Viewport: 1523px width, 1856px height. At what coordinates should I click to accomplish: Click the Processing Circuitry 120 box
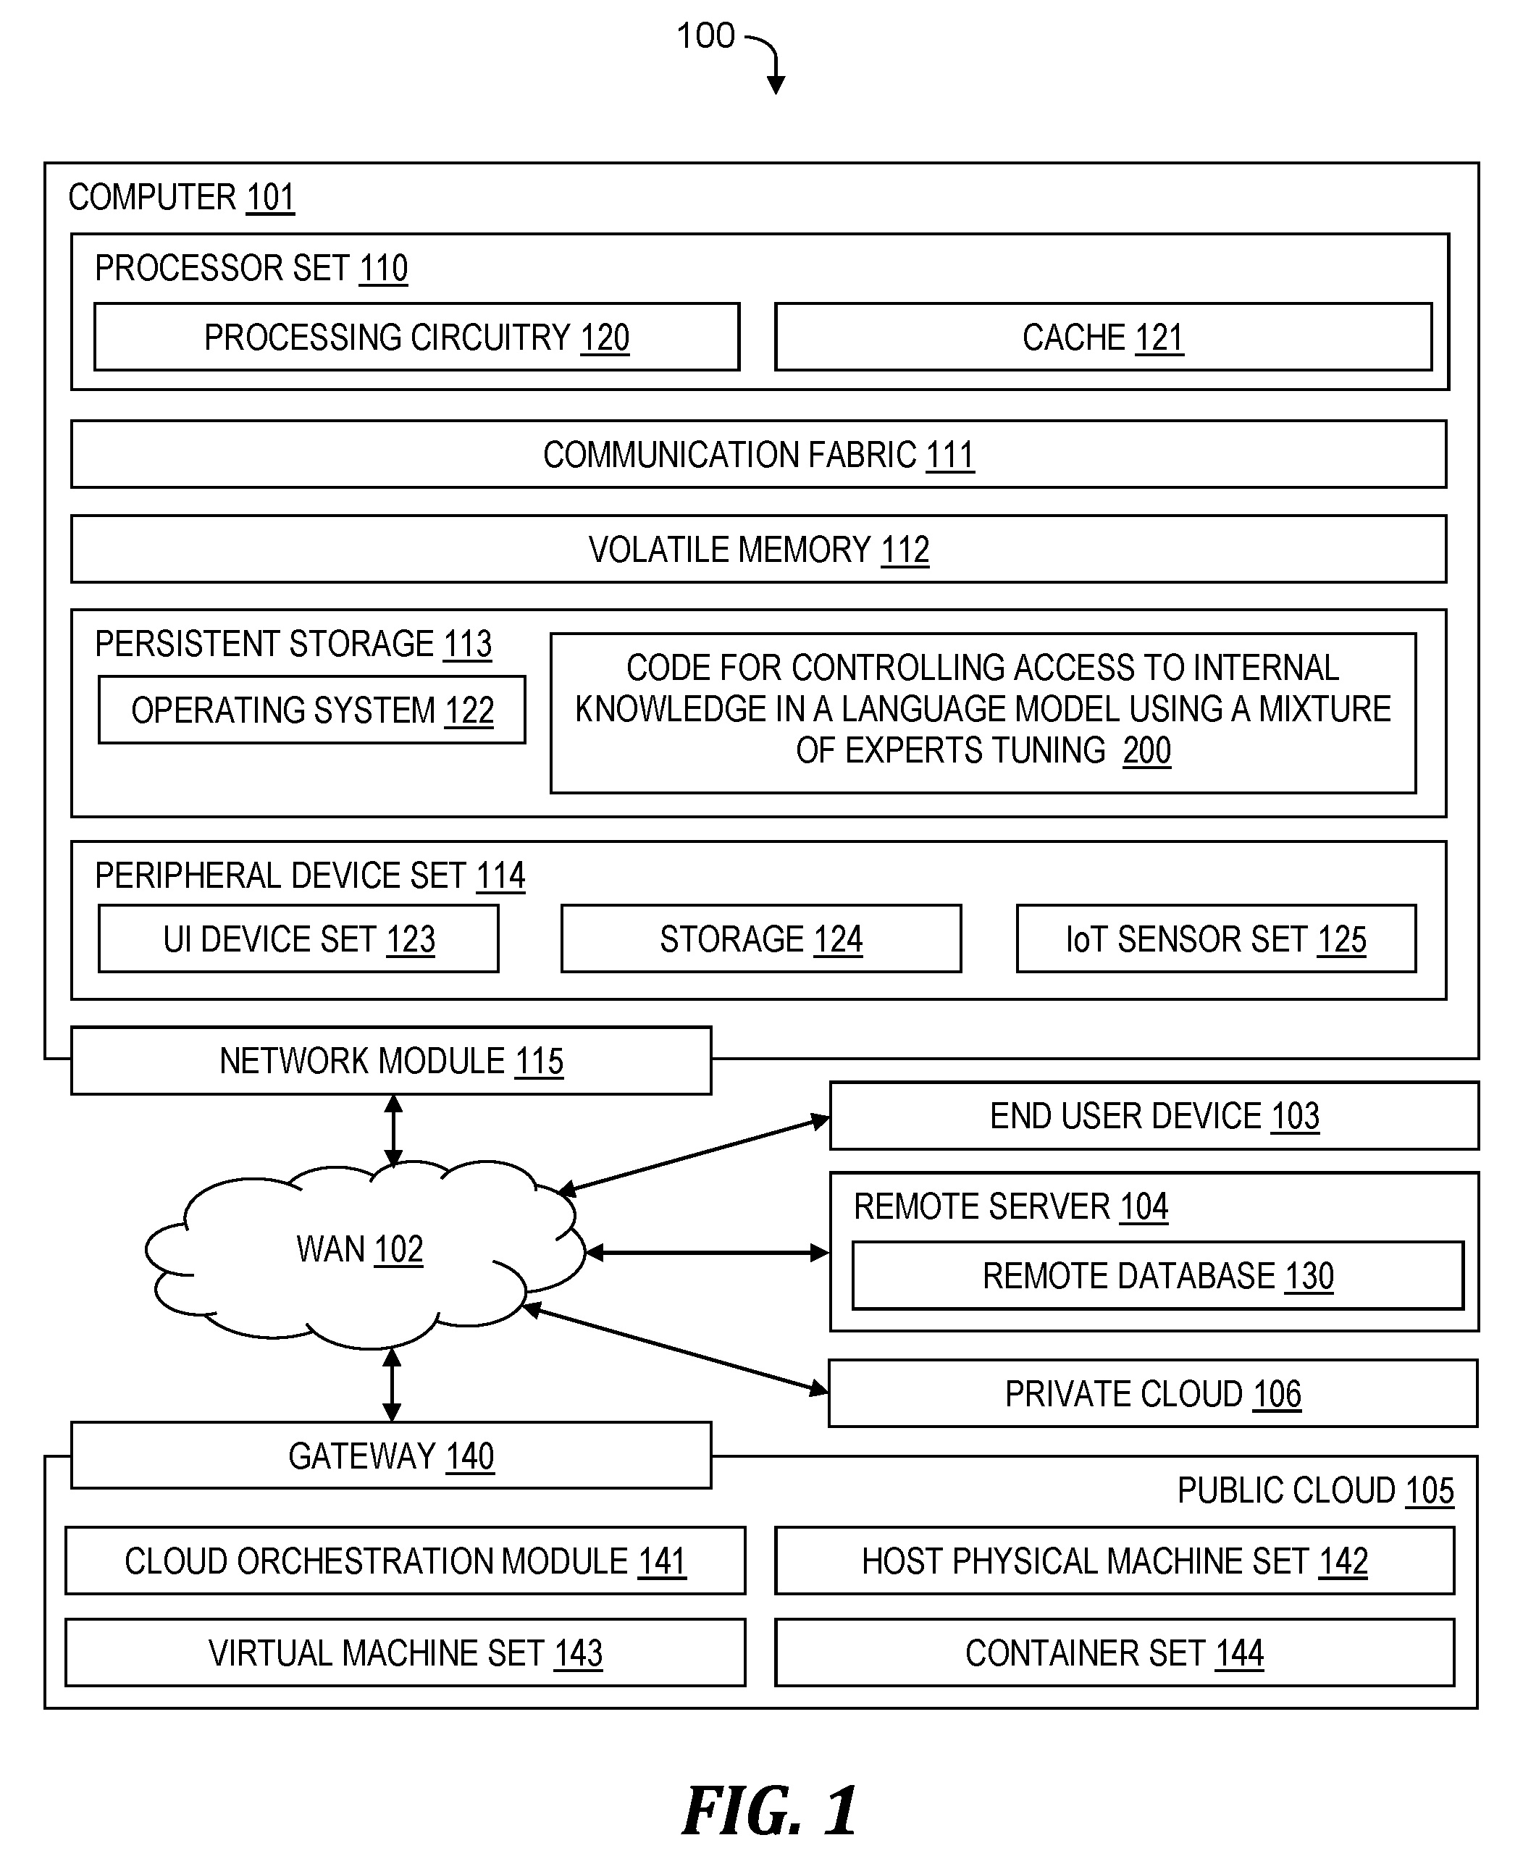416,337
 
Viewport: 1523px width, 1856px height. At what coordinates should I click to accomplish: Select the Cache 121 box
1104,337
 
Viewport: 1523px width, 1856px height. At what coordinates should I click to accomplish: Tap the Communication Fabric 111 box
759,454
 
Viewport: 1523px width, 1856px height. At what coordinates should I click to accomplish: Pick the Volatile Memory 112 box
759,549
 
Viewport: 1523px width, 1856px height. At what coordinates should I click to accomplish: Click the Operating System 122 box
312,710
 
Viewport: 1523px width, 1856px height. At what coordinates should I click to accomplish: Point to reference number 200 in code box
1146,751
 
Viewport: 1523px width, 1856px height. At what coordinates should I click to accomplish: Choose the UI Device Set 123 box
299,939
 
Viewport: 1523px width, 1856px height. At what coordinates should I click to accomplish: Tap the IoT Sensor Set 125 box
1216,939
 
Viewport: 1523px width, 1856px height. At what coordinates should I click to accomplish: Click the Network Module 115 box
391,1060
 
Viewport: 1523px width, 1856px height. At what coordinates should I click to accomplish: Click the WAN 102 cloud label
360,1249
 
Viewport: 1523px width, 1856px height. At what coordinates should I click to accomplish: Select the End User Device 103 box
1154,1116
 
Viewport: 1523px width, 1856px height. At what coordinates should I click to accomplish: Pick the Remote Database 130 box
1158,1275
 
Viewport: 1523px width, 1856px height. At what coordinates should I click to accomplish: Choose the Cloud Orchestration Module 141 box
406,1561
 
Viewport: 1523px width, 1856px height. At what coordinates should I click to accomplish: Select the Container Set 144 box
1114,1653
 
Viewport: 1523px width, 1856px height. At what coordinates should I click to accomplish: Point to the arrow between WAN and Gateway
392,1384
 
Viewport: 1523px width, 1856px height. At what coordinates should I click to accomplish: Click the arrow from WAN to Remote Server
707,1253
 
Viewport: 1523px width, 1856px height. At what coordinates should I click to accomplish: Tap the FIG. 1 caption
769,1810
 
